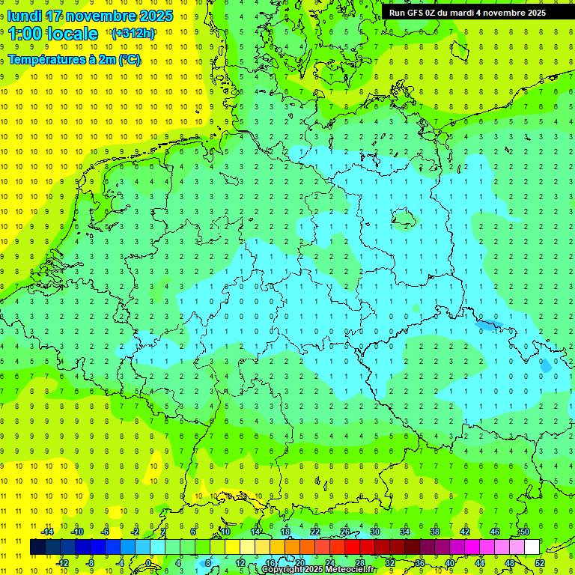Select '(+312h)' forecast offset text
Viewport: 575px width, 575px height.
[x=133, y=34]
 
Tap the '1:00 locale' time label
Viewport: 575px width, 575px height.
[x=53, y=34]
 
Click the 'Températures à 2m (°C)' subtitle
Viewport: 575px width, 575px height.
[x=74, y=60]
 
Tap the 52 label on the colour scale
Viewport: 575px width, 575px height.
[x=540, y=563]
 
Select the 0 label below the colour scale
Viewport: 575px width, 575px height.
[x=150, y=563]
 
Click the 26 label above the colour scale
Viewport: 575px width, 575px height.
[x=345, y=532]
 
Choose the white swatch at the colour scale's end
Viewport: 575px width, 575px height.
[x=532, y=547]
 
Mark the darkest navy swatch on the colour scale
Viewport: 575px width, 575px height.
[x=37, y=547]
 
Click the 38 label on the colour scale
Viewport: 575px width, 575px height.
[x=435, y=532]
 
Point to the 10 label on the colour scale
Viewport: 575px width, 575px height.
[x=225, y=532]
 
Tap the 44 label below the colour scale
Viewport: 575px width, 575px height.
[x=480, y=563]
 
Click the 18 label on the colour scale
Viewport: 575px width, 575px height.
[x=285, y=532]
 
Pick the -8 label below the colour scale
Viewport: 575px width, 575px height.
[x=91, y=563]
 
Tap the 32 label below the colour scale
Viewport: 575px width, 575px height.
[x=390, y=563]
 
